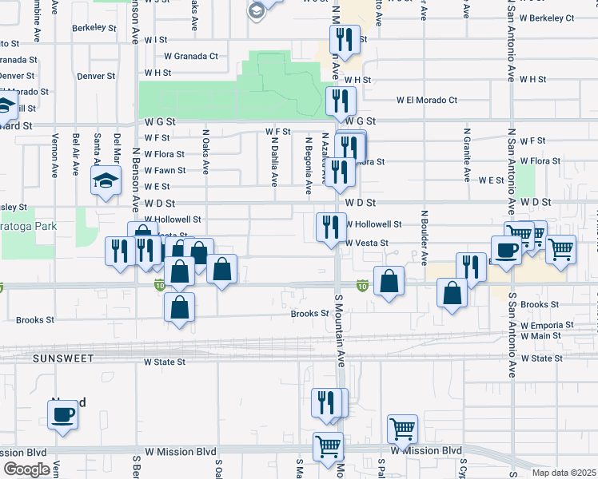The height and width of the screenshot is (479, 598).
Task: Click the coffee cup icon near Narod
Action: click(x=63, y=414)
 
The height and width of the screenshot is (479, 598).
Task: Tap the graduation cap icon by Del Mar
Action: click(x=106, y=180)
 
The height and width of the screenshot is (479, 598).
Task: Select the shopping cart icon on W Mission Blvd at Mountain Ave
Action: click(x=328, y=447)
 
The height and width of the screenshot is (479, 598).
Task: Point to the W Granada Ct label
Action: click(x=191, y=56)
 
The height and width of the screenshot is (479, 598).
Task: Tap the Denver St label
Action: click(x=96, y=76)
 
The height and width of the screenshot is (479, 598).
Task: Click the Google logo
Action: click(x=26, y=469)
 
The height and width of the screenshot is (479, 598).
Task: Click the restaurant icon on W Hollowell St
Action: click(x=328, y=226)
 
